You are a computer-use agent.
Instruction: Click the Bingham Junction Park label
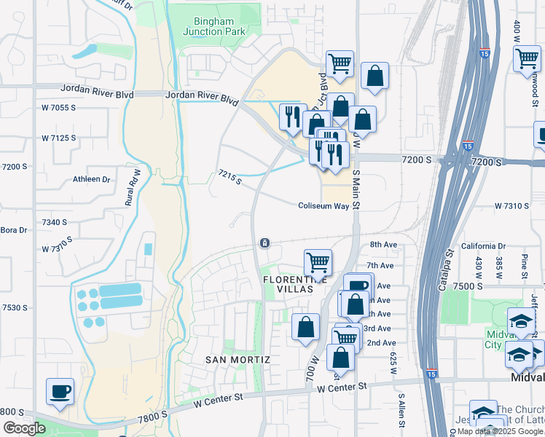(214, 26)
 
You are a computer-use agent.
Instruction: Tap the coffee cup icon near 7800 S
(60, 391)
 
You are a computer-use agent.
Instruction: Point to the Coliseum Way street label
(324, 206)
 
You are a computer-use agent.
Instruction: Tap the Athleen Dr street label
(92, 179)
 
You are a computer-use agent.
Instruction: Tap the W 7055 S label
(59, 108)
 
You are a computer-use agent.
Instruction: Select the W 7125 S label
(59, 138)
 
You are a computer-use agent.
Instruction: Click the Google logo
(24, 428)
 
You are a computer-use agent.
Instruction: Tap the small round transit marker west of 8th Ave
(265, 243)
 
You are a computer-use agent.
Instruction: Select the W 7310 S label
(511, 206)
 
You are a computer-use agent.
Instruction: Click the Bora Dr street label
(13, 230)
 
